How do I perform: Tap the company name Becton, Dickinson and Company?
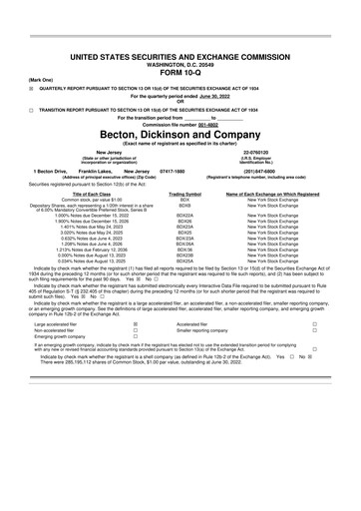pos(180,133)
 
